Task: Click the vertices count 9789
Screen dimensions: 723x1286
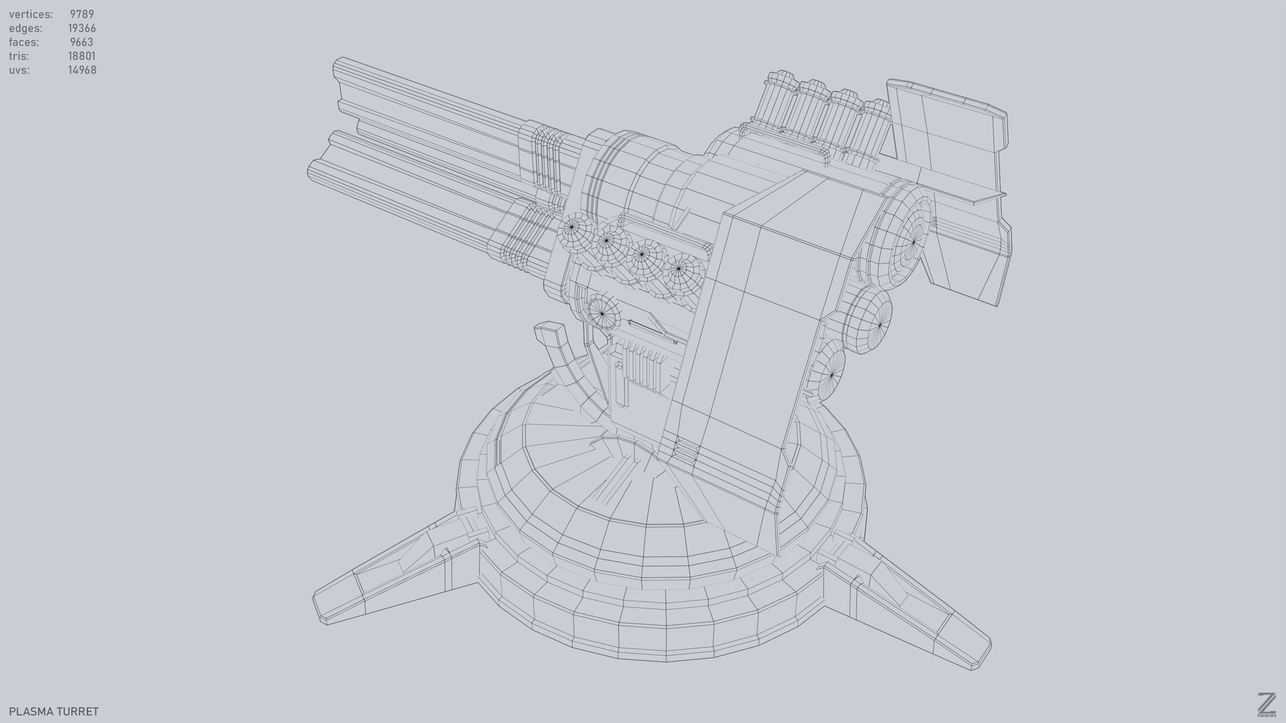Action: pos(81,14)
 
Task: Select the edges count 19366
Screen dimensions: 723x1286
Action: pos(82,28)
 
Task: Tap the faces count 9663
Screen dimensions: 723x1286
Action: pos(81,42)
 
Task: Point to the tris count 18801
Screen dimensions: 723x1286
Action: pos(81,56)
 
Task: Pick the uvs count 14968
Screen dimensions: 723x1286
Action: pos(82,70)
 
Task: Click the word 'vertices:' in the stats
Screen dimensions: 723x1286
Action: pos(30,14)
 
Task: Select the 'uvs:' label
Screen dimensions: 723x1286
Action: pos(19,70)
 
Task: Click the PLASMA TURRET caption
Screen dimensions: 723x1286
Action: pos(54,711)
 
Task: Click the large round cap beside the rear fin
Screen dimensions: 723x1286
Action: pos(898,242)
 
